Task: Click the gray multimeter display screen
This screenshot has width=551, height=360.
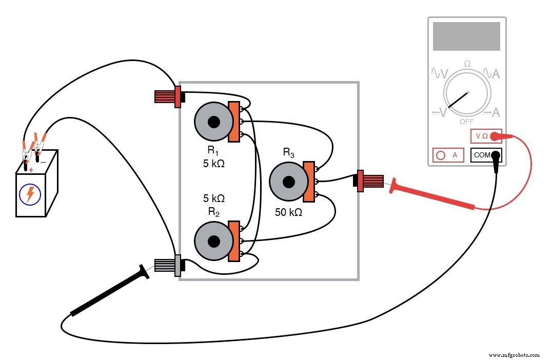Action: click(466, 36)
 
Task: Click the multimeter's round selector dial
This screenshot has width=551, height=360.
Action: click(467, 96)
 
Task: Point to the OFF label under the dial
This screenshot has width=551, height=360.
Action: click(466, 122)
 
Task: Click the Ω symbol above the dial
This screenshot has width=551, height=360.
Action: click(467, 64)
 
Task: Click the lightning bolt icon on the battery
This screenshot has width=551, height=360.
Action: click(30, 194)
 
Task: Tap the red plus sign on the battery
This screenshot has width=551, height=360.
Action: click(31, 170)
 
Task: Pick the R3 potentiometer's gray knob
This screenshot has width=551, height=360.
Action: click(289, 182)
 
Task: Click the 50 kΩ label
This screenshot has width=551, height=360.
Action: click(288, 212)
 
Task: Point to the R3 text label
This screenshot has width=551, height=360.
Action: click(289, 152)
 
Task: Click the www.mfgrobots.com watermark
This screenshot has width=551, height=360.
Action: click(514, 354)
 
